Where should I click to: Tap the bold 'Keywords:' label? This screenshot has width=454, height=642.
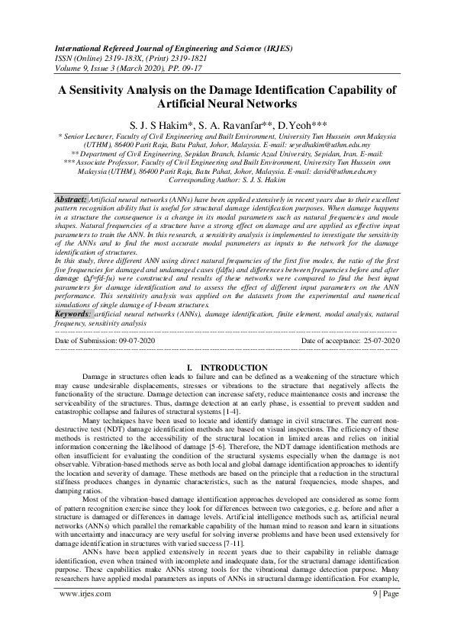tap(73, 313)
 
